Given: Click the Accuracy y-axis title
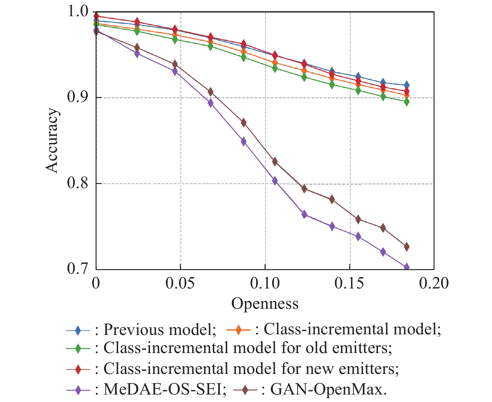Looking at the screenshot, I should coord(52,140).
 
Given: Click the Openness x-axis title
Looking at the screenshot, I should coord(265,303).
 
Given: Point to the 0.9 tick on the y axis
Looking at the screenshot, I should coord(77,98).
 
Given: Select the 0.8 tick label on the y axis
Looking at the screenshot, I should coord(77,183).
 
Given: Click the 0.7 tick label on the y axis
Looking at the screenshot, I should coord(77,269).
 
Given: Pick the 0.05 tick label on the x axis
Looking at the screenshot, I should coord(180,283).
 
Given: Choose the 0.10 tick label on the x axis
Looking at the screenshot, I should coord(265,283).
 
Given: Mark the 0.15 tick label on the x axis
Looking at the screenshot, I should coord(349,283).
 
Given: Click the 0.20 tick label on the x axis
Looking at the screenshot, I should coord(434,283).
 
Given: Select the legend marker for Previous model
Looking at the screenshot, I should coord(78,330).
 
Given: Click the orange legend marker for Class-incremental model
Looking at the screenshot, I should coord(238,330).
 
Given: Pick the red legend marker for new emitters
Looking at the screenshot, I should coord(78,369).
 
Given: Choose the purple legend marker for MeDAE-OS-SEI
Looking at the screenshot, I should coord(78,390).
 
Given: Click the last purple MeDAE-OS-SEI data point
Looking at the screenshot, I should coord(406,267).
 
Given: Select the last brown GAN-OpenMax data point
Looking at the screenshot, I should coord(406,247).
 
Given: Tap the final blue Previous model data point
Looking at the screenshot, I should coord(406,85).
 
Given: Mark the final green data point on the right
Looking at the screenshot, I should coord(406,102).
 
